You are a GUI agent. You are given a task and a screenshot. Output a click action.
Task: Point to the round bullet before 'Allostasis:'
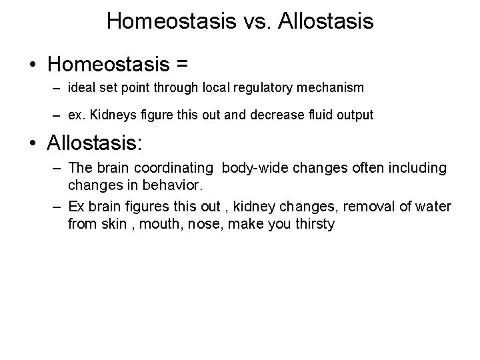pos(35,143)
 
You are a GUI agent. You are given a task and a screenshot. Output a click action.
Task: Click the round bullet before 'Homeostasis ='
pos(35,64)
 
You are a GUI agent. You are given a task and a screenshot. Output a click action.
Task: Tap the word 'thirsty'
pos(312,223)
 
